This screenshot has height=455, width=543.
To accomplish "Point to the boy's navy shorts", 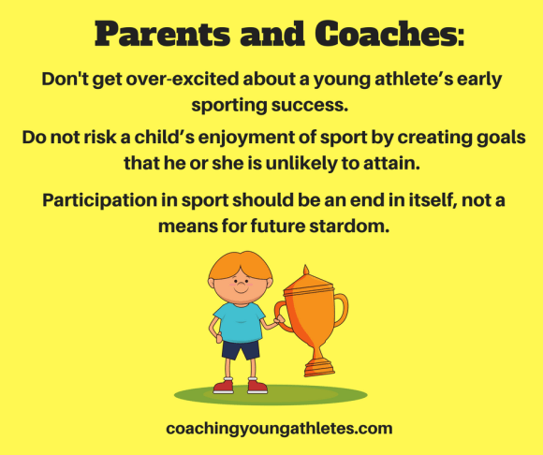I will point(241,349).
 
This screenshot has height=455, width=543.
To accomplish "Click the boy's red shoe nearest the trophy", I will point(257,386).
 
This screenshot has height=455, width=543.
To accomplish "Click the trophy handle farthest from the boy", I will point(339,309).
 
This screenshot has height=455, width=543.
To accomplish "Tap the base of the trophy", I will point(318,367).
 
